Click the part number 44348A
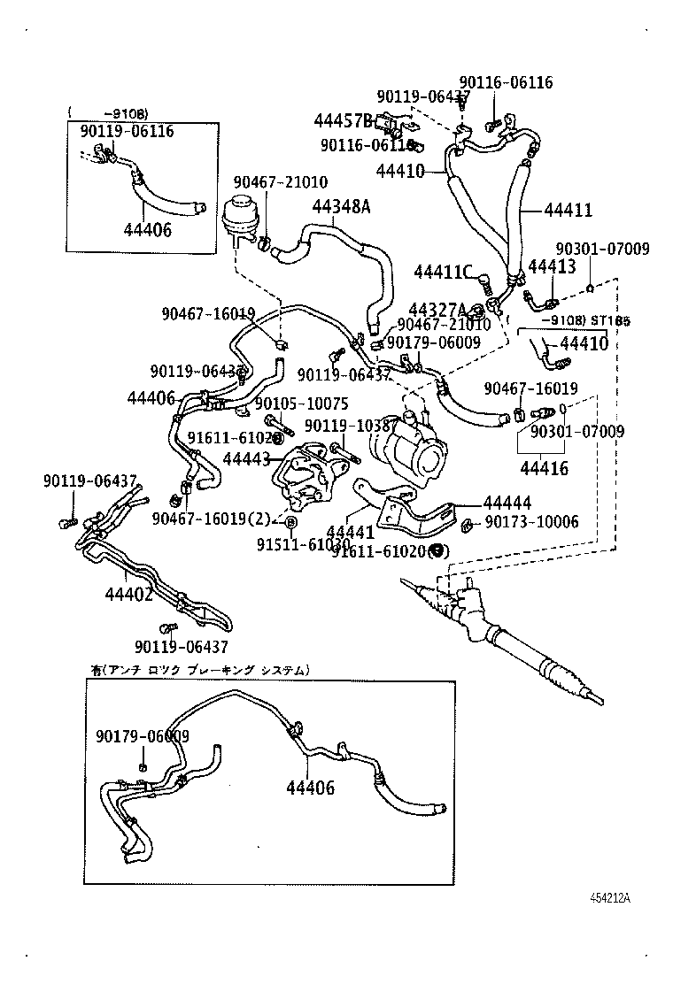[341, 206]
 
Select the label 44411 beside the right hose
[568, 210]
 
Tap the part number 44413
[552, 265]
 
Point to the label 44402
[128, 593]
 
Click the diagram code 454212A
[610, 897]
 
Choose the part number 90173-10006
[531, 522]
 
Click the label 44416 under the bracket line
[545, 468]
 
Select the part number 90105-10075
[302, 404]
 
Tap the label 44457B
[343, 120]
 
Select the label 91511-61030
[304, 545]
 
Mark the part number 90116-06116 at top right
[511, 82]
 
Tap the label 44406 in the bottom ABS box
[310, 787]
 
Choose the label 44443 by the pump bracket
[247, 458]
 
